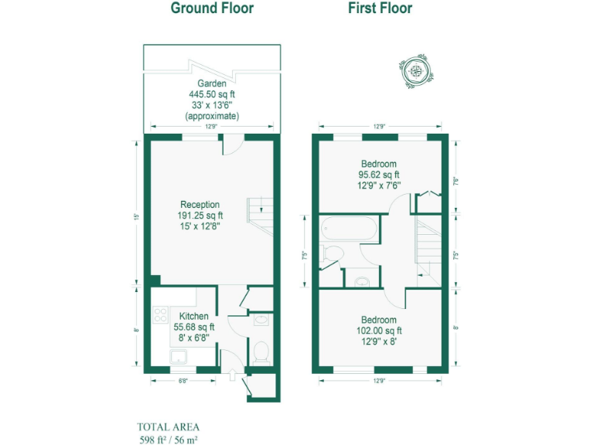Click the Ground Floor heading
tap(212, 8)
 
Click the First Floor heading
tap(379, 8)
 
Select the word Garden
tap(211, 83)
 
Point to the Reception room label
tap(200, 205)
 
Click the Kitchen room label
tap(193, 317)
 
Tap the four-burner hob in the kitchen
tap(162, 315)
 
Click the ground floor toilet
tap(261, 352)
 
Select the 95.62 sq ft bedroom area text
tap(379, 175)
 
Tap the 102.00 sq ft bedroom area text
tap(379, 331)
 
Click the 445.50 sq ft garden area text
tap(211, 94)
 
